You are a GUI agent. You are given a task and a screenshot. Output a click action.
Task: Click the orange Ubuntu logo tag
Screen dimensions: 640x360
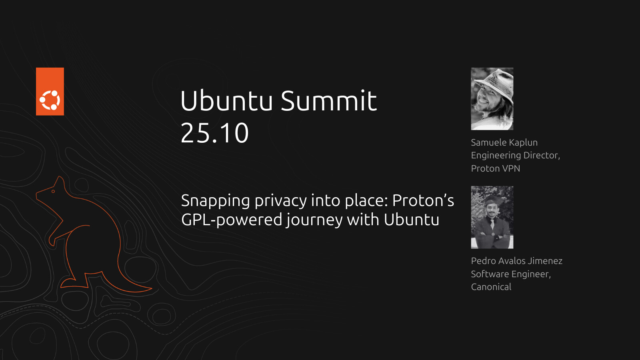point(50,92)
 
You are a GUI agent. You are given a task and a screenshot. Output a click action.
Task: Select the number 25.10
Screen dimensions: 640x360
point(214,133)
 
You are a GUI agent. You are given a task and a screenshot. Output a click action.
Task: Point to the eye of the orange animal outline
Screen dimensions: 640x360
point(53,192)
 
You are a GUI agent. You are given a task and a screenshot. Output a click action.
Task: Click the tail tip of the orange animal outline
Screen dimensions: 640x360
point(152,288)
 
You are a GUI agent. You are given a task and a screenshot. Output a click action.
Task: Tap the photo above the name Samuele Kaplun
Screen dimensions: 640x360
point(492,99)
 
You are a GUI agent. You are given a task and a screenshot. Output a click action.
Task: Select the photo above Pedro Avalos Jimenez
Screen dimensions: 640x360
point(492,218)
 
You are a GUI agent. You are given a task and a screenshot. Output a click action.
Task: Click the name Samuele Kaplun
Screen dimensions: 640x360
point(504,142)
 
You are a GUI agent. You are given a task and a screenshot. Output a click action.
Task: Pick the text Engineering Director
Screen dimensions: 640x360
point(515,156)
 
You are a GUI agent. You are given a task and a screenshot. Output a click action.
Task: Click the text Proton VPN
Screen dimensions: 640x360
point(496,168)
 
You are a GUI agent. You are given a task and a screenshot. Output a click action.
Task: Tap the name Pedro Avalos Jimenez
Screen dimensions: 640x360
point(516,261)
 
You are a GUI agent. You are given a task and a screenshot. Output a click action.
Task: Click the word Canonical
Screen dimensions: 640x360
point(491,287)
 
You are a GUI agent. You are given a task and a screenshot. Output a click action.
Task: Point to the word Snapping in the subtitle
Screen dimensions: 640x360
point(216,201)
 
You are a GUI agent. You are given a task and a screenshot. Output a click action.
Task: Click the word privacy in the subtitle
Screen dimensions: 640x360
point(280,201)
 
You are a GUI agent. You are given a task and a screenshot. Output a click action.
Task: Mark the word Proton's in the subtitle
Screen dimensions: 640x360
point(423,200)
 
